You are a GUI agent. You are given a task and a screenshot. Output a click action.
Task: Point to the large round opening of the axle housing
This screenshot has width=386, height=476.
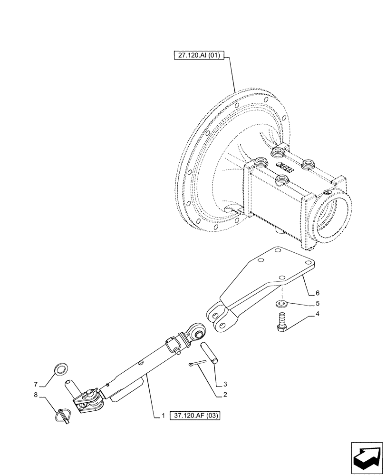[x=335, y=214]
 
